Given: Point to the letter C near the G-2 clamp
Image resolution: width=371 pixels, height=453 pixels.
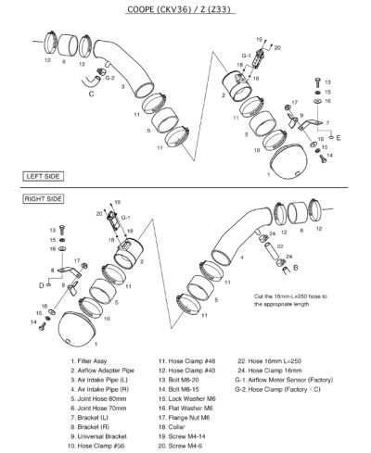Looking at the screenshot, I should tap(91, 94).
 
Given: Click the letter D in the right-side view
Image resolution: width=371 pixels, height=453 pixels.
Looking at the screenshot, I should tap(41, 285).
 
